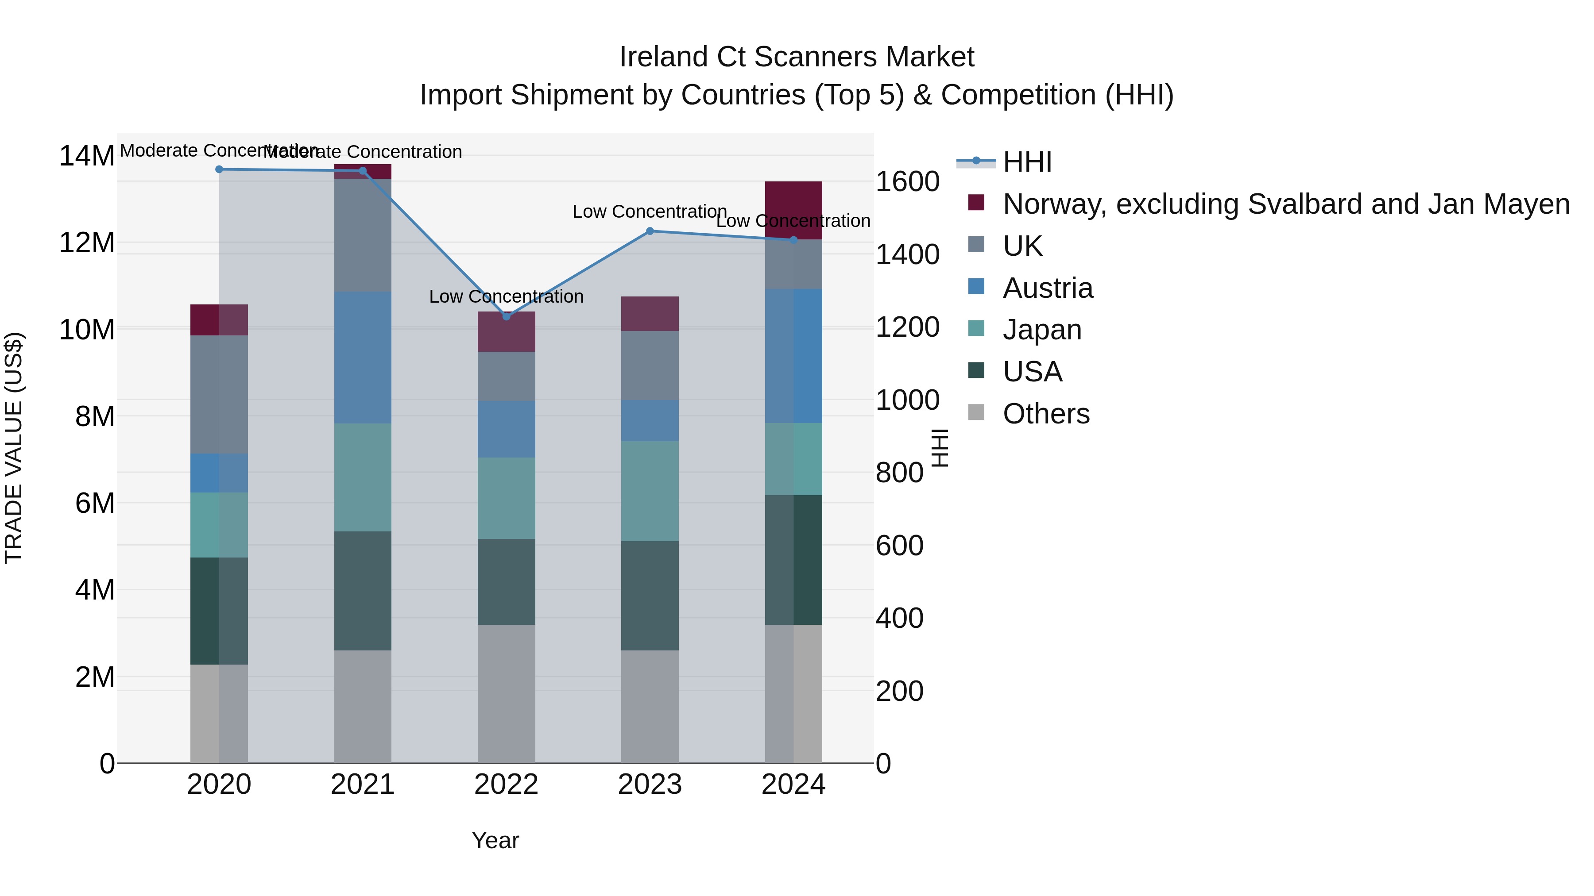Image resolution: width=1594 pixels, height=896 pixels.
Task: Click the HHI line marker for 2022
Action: point(506,316)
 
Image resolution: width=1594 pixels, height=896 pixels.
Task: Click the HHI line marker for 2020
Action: point(219,169)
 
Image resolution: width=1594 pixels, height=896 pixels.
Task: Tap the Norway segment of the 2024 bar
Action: point(793,210)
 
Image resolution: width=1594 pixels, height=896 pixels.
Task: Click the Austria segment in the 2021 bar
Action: point(363,358)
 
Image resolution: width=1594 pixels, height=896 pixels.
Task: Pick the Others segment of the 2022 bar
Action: point(506,693)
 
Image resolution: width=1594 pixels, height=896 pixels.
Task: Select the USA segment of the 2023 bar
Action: point(650,596)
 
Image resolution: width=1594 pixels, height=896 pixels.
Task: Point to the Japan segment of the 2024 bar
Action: point(793,459)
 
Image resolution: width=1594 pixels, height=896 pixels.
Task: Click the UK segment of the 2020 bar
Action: point(219,395)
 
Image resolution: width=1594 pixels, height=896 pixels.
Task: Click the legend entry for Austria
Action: point(1048,288)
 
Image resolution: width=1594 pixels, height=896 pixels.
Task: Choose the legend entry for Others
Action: point(1046,414)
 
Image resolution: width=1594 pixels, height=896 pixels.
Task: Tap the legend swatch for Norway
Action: point(976,203)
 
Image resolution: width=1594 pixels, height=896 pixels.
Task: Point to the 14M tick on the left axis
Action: point(87,156)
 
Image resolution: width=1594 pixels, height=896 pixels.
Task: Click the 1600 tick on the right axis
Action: point(907,182)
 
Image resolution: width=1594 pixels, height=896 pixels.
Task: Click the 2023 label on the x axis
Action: point(650,784)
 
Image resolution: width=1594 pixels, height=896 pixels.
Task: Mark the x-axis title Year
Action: point(495,840)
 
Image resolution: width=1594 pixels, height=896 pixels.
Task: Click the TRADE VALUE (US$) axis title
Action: point(14,448)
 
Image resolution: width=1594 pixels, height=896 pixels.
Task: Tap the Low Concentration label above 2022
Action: point(506,297)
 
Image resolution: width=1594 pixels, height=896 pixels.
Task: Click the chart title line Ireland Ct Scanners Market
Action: point(797,57)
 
